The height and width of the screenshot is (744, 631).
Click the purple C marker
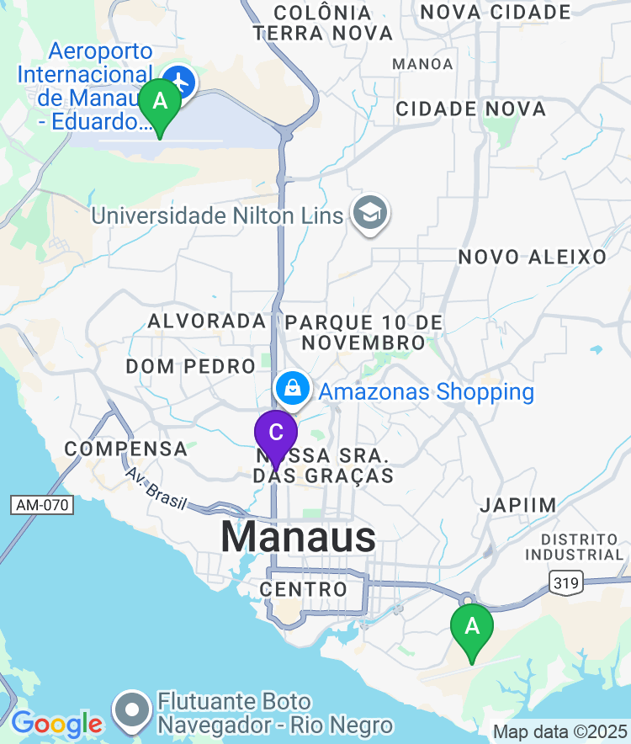coord(276,433)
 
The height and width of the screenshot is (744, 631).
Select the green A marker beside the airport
coord(159,103)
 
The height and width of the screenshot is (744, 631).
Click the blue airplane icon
coord(179,82)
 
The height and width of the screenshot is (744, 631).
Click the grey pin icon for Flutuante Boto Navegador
coord(133,710)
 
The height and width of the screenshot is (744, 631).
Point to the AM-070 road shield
coord(43,505)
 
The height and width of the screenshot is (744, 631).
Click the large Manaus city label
coord(299,536)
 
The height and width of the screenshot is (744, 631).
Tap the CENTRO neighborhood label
coord(304,589)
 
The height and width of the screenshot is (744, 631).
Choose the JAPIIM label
coord(518,505)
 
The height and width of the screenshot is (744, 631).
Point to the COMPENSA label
coord(126,449)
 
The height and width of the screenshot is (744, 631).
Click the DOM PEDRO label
coord(190,366)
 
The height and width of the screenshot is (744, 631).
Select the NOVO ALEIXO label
coord(532,257)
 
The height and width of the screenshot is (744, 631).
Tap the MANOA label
coord(422,64)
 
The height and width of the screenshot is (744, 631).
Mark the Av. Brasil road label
coord(156,486)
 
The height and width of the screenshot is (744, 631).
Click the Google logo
coord(56,723)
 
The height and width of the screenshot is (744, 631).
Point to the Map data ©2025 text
coord(559,731)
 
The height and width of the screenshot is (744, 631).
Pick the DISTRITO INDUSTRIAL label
coord(575,546)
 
